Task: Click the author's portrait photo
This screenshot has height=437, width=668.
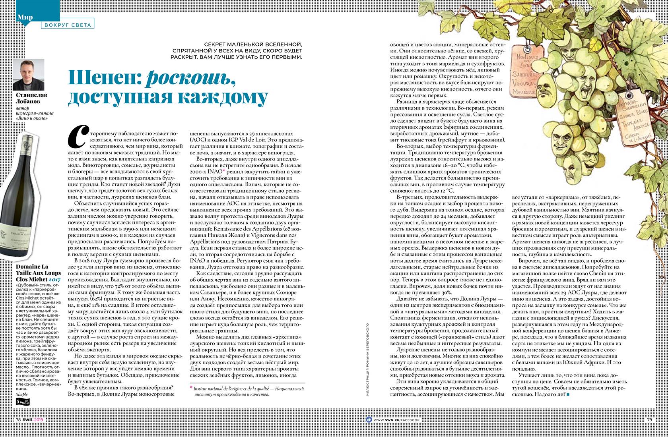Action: [28, 74]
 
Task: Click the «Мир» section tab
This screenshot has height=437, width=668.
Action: [25, 17]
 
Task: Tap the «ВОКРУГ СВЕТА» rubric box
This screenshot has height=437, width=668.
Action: [67, 25]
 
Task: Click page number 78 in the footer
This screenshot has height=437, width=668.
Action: [19, 420]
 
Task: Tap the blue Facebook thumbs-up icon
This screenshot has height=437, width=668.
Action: [369, 420]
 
